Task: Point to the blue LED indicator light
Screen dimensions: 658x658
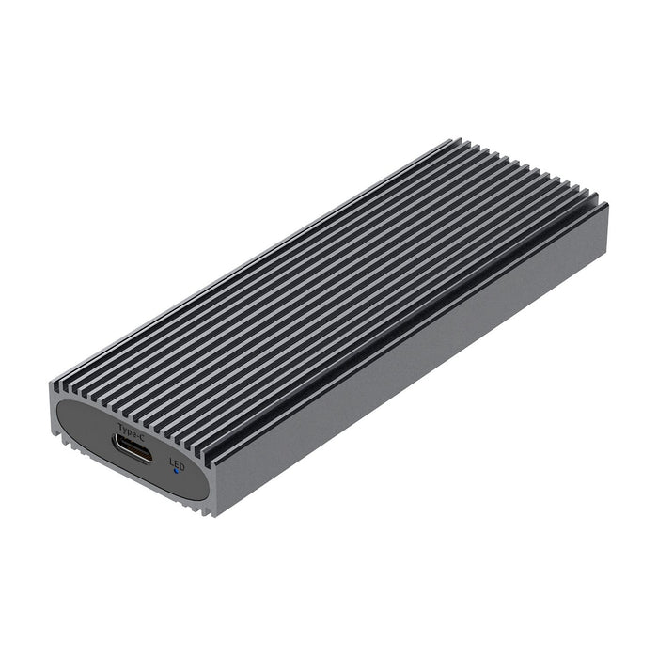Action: pyautogui.click(x=176, y=471)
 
